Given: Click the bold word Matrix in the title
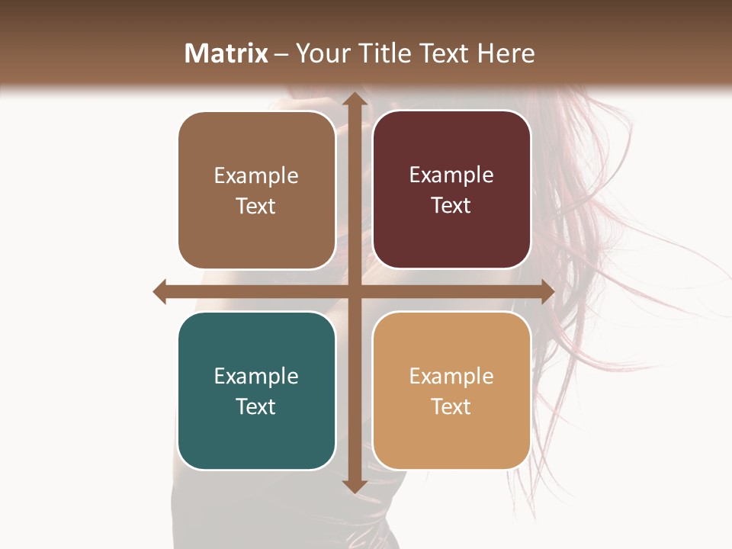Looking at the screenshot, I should pos(226,53).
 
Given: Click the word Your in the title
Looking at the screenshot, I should pos(320,53).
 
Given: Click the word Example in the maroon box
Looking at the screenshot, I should pos(451,175).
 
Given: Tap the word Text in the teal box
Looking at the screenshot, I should pos(255,406).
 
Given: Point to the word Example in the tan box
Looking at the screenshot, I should pos(451,376).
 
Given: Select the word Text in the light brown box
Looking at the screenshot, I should pos(255,206).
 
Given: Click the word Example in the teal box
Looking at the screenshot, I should pos(256,376).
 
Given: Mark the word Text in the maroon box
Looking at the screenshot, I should pos(451,205).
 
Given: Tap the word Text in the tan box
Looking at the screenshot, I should pos(451,406).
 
